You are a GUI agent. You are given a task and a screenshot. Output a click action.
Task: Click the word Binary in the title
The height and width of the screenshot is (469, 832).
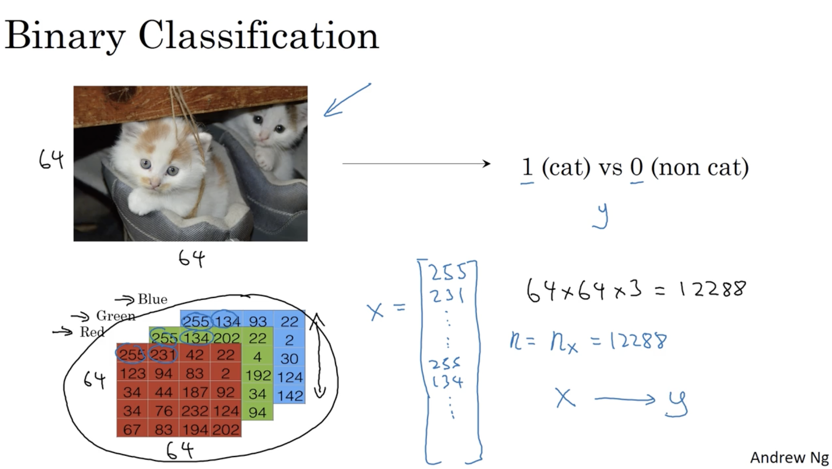pos(64,36)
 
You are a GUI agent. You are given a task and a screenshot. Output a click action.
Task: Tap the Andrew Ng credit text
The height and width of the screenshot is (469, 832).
pos(789,457)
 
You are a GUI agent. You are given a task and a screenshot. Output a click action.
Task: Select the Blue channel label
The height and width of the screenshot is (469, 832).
pos(152,299)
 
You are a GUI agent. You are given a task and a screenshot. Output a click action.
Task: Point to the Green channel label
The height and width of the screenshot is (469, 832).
pos(115,316)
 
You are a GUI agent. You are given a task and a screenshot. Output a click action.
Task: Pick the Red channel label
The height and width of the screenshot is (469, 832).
pos(92,332)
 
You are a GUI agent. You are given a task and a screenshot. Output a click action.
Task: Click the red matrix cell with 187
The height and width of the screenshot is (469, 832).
pos(195,392)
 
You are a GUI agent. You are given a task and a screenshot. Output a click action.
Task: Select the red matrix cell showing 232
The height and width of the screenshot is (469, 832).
pos(195,411)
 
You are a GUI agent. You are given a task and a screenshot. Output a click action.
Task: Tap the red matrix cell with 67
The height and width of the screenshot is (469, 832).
pos(132,430)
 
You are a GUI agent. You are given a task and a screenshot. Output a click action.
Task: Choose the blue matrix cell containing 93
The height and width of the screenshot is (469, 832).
pos(258,321)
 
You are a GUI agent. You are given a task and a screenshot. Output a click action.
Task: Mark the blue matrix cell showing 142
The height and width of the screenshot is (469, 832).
pos(290,396)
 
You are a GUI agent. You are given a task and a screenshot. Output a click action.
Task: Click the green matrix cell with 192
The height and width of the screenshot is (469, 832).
pos(258,375)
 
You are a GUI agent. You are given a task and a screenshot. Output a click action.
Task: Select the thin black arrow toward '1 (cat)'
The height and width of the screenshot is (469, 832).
pos(416,164)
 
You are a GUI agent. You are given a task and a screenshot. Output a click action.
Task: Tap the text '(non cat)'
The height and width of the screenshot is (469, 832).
pos(699,167)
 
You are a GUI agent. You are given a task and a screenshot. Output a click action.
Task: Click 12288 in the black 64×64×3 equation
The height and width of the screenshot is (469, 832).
pos(712,289)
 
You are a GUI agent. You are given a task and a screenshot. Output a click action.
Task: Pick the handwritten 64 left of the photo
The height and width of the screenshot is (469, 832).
pos(51,159)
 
